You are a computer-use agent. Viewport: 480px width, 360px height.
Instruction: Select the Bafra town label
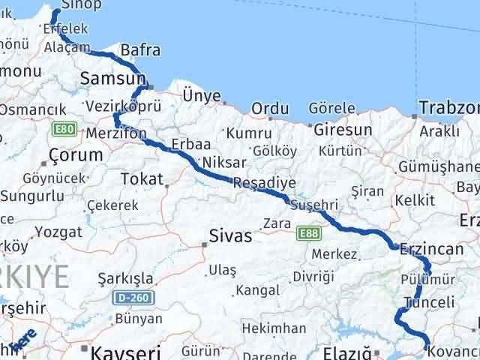point(140,51)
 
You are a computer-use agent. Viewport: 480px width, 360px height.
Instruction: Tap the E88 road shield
point(307,235)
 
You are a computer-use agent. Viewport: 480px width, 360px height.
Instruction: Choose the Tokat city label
point(142,179)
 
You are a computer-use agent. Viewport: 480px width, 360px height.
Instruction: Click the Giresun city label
point(343,130)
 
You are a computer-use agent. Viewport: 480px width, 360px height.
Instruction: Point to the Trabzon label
point(448,107)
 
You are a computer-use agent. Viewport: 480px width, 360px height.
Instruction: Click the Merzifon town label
point(116,132)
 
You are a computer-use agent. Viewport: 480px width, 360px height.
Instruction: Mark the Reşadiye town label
point(264,183)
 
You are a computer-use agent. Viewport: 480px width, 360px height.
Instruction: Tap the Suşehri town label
point(313,205)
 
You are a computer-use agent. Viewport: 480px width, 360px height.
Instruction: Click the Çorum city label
point(75,155)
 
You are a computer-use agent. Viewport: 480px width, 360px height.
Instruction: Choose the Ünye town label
point(202,95)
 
